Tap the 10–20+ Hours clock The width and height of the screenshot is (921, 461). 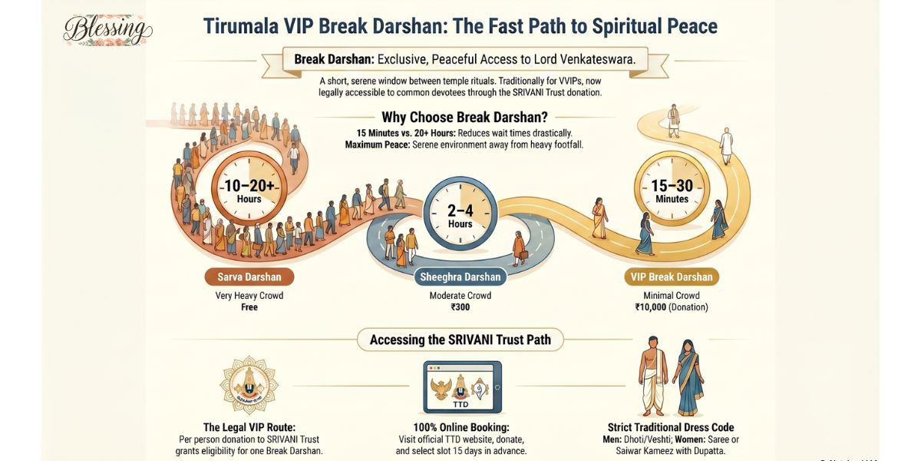coord(249,187)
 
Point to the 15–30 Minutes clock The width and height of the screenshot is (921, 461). coord(672,187)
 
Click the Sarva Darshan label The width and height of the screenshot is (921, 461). coord(249,277)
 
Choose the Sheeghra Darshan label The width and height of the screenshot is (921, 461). coord(460,277)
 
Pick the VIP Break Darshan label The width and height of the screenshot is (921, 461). coord(672,277)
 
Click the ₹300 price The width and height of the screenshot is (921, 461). coord(460,307)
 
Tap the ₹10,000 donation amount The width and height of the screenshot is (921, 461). coord(652,307)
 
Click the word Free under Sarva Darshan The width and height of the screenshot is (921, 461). coord(249,307)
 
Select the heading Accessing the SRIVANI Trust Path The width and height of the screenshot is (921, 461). coord(460,340)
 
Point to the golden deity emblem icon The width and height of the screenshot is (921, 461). coord(249,384)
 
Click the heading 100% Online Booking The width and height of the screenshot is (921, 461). coord(461,427)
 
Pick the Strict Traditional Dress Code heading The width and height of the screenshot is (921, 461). coord(671,427)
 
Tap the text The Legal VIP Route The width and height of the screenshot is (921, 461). coord(249,427)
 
